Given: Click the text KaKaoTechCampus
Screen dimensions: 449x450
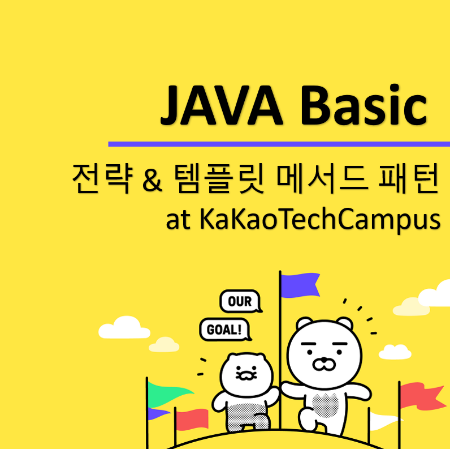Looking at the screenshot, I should (319, 220).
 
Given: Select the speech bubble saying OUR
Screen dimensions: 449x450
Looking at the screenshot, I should (240, 302).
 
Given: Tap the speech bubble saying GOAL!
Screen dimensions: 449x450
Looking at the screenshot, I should (226, 330).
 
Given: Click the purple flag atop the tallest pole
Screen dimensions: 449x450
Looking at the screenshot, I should (300, 285).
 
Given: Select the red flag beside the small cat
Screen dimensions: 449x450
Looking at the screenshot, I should (192, 420).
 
